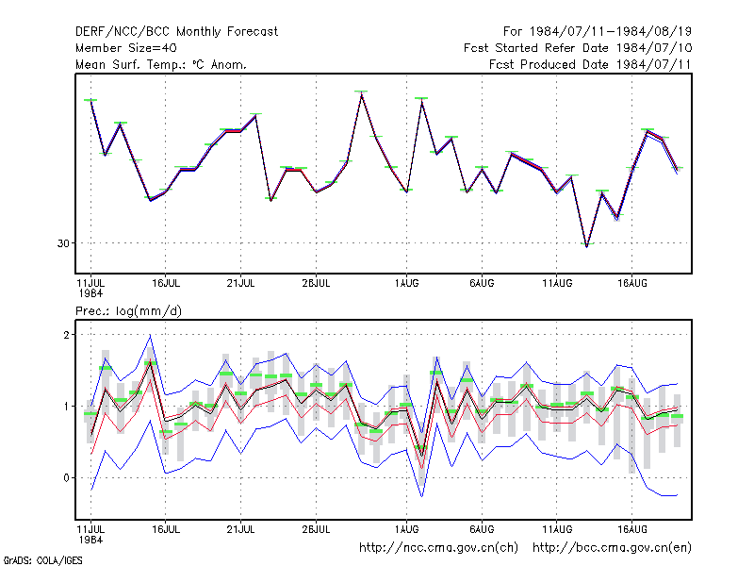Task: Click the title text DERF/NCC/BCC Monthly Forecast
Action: tap(176, 32)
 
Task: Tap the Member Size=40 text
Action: tap(126, 48)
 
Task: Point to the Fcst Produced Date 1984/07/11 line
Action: tap(590, 64)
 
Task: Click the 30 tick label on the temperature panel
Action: tap(63, 243)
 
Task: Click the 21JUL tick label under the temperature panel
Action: tap(240, 284)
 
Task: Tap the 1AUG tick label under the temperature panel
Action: tap(406, 284)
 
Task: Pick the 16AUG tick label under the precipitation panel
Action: tap(631, 529)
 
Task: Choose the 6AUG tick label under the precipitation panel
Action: tap(482, 529)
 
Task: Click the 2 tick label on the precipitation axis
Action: tap(66, 335)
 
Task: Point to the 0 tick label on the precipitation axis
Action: tap(66, 478)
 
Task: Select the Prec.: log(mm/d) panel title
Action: tap(128, 311)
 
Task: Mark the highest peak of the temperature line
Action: tap(362, 93)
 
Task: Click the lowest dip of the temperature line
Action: tap(586, 246)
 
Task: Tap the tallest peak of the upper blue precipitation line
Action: tap(151, 335)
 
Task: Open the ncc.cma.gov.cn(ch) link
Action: tap(438, 548)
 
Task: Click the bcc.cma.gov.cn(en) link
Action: tap(612, 548)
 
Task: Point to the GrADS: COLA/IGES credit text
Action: tap(42, 560)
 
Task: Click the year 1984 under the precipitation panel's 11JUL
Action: tap(90, 540)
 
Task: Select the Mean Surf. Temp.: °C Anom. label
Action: tap(161, 64)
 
